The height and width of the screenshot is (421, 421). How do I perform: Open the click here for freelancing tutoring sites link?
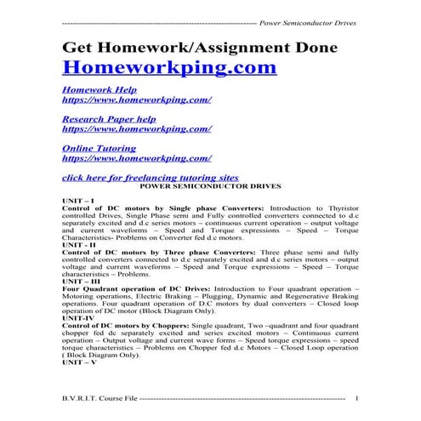click(x=151, y=176)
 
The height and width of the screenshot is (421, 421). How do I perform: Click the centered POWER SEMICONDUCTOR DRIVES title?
click(x=210, y=185)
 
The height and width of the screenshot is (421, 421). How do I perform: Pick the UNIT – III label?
click(x=81, y=282)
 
